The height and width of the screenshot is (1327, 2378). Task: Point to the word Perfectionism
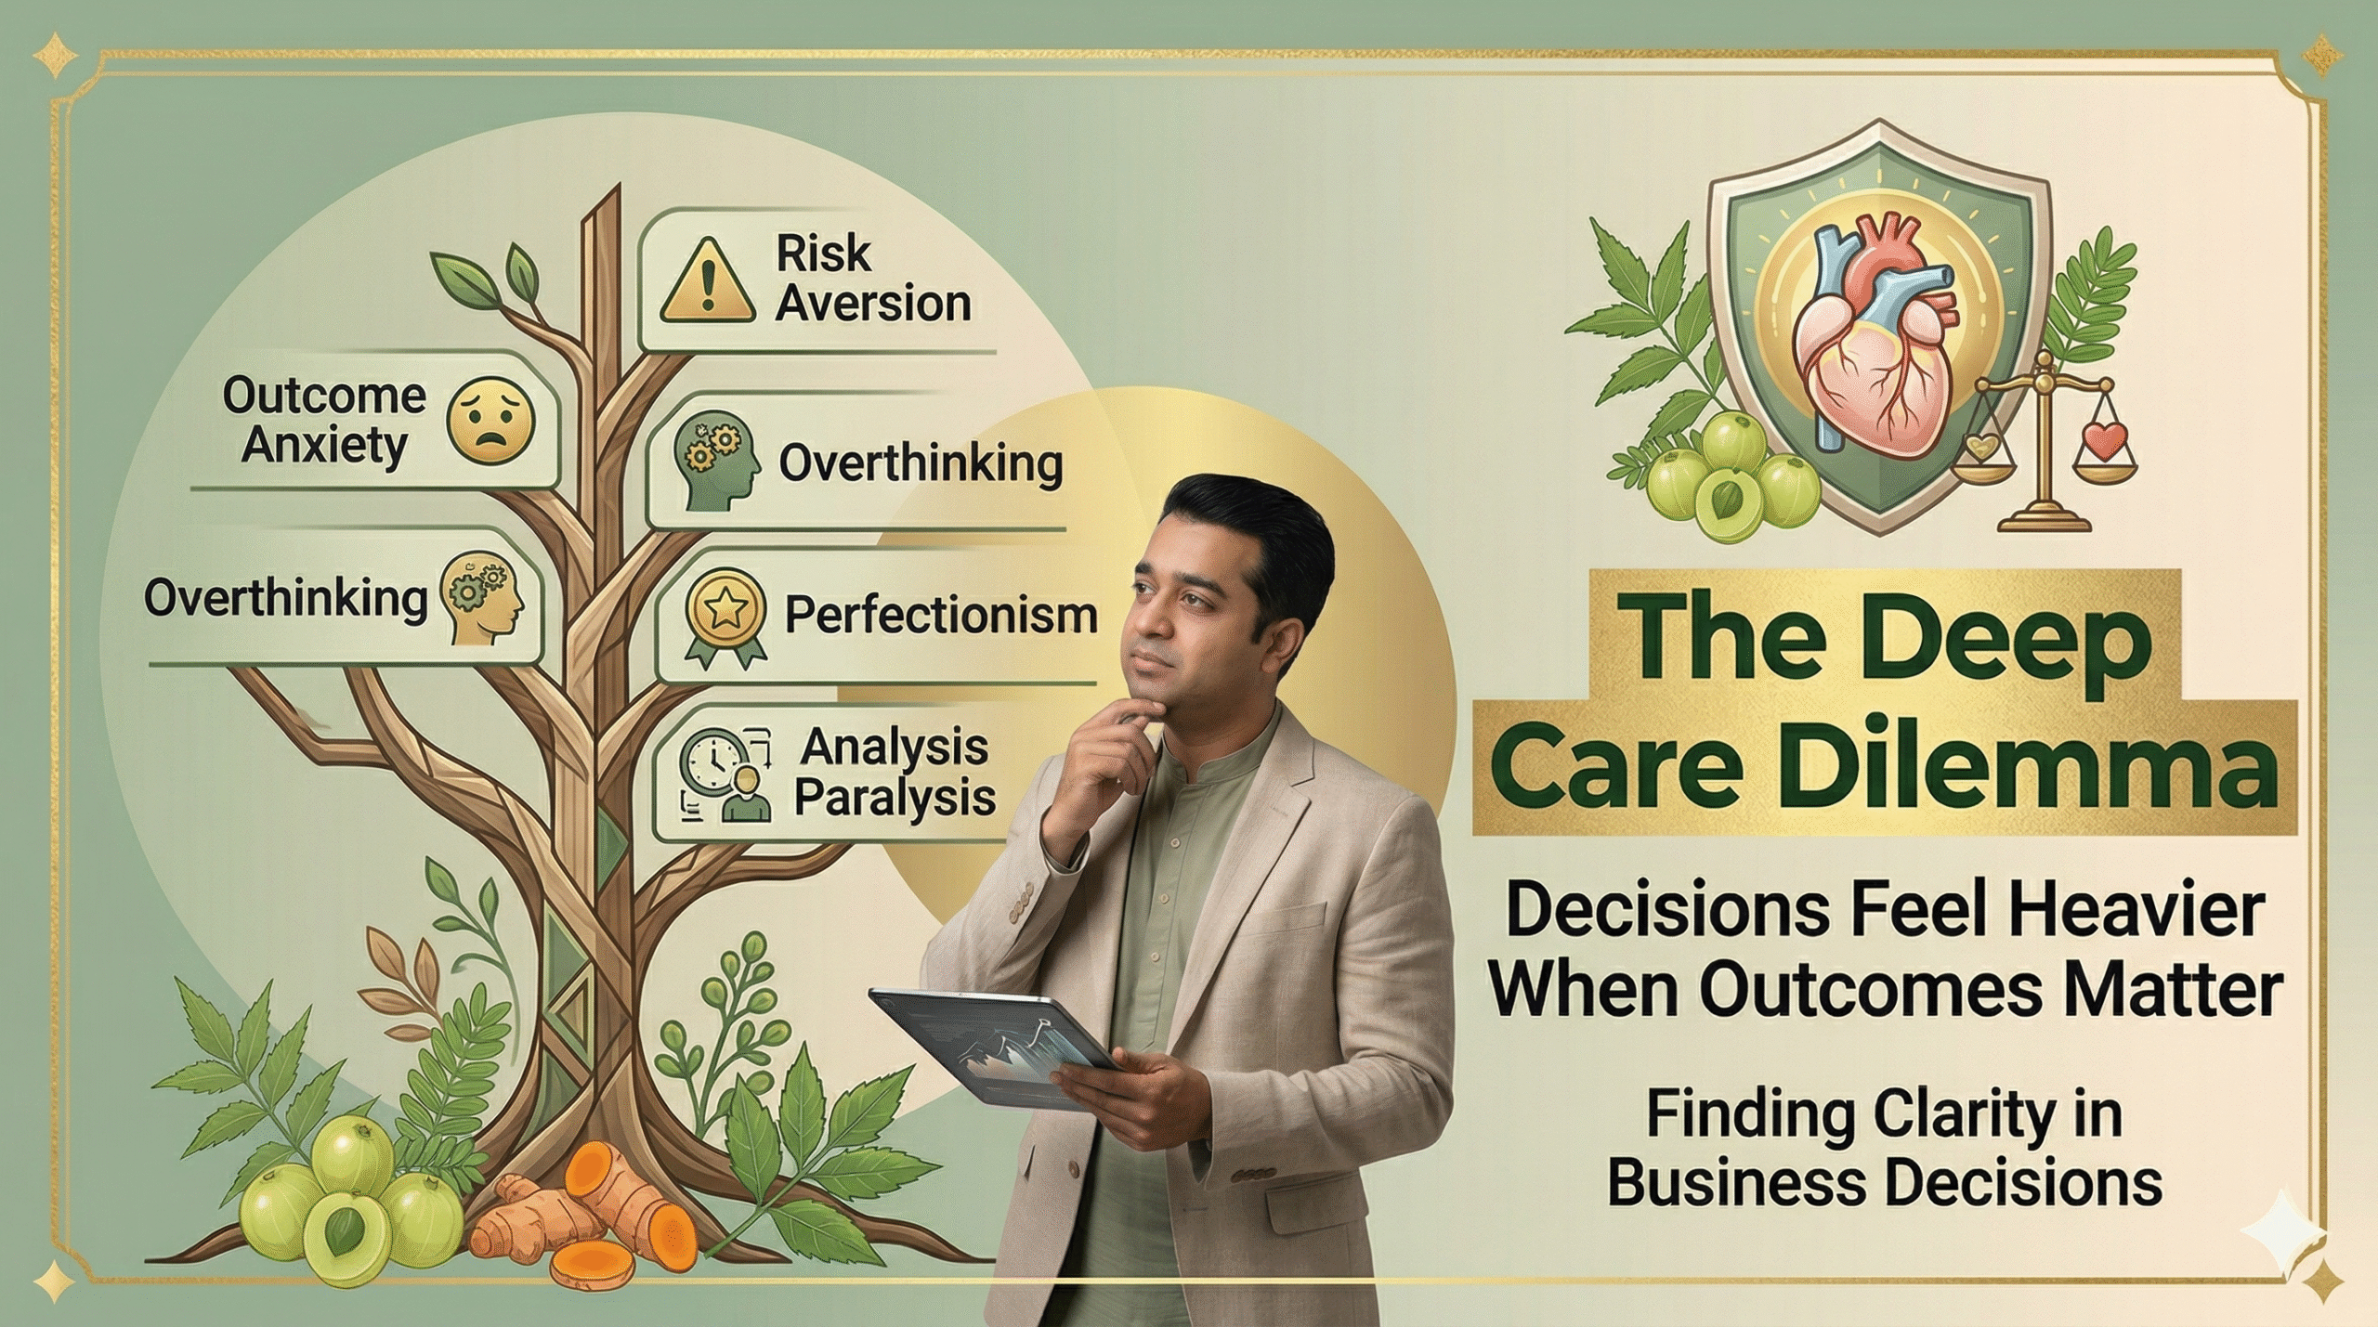pyautogui.click(x=940, y=616)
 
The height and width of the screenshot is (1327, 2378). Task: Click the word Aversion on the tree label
pyautogui.click(x=873, y=305)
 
